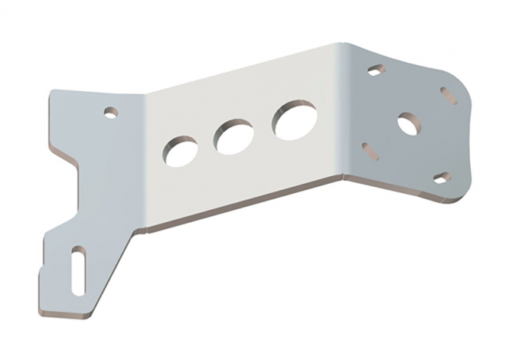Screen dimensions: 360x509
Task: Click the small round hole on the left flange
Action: tap(111, 113)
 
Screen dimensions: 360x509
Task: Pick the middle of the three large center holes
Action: tap(234, 136)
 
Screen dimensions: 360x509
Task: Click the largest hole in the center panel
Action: tap(295, 120)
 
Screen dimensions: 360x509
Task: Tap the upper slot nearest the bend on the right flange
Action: tap(376, 70)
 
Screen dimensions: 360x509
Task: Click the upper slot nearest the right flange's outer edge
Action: tap(449, 96)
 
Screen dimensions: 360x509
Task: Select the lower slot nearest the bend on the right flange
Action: tap(370, 151)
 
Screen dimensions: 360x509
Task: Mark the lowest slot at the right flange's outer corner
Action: tap(442, 178)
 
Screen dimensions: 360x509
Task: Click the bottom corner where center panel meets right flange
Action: tap(344, 175)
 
